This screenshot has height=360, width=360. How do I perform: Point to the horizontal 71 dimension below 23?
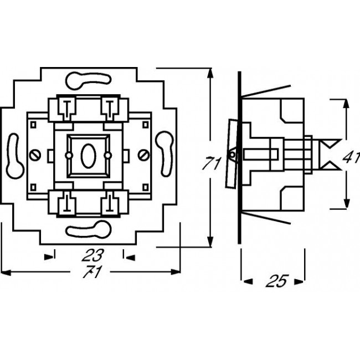click(88, 273)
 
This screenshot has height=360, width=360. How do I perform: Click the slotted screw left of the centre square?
click(37, 154)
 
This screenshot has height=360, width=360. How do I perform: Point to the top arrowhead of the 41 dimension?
click(346, 102)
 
